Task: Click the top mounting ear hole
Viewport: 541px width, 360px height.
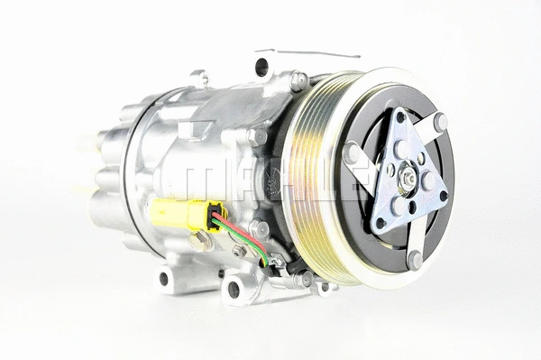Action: pyautogui.click(x=261, y=65)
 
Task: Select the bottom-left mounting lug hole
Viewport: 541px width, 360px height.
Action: pyautogui.click(x=165, y=278)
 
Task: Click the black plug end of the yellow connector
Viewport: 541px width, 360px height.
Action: pyautogui.click(x=216, y=219)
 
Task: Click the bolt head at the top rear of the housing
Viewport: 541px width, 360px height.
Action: pyautogui.click(x=200, y=78)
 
